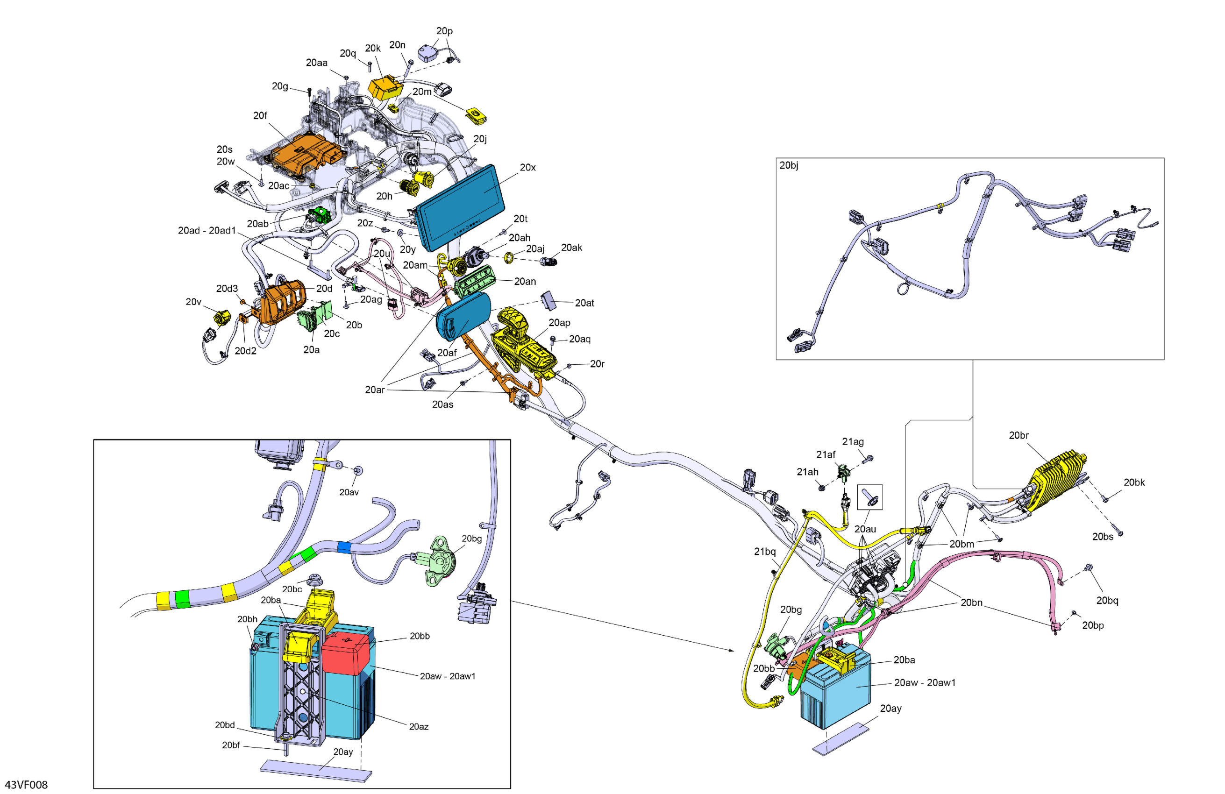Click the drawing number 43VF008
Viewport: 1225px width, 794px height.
26,785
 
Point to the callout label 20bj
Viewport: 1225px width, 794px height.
789,165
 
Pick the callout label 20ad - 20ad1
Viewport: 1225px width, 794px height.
207,231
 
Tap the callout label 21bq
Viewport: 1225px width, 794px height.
765,551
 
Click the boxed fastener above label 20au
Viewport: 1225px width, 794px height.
869,497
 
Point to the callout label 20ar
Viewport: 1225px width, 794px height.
375,390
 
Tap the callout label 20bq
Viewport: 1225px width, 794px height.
1107,601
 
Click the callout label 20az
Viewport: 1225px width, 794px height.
419,727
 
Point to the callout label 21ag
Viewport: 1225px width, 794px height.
853,441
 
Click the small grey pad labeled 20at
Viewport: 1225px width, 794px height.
548,300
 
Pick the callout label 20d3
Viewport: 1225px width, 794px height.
227,289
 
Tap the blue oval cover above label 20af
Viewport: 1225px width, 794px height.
463,315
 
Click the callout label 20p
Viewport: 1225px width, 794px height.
445,31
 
